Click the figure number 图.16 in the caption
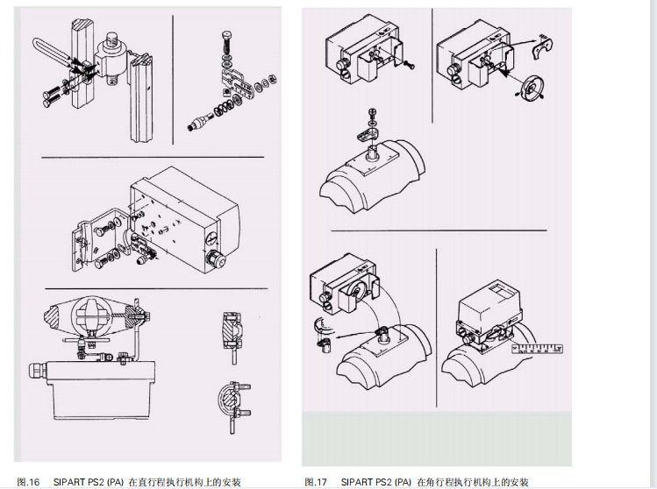28,482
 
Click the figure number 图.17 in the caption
316,482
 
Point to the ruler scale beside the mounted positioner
537,348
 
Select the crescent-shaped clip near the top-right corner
542,46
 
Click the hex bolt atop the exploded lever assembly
226,43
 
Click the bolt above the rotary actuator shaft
372,114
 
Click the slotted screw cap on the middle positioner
212,239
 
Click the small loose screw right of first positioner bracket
409,65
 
